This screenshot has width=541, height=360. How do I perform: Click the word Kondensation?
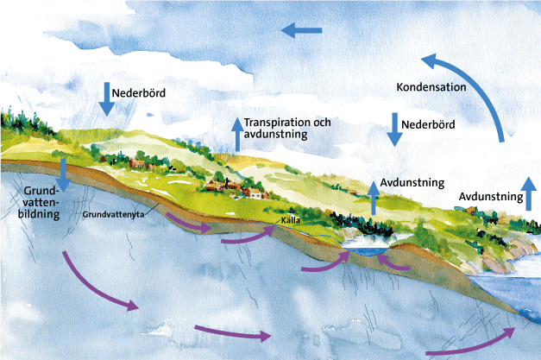pyautogui.click(x=431, y=87)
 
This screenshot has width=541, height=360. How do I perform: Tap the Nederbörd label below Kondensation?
pyautogui.click(x=428, y=124)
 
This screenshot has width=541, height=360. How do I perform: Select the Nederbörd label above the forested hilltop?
pyautogui.click(x=139, y=93)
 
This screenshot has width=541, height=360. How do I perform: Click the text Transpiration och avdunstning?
pyautogui.click(x=287, y=128)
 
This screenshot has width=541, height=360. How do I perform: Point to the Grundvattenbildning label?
pyautogui.click(x=39, y=202)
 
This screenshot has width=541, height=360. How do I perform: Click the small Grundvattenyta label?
pyautogui.click(x=113, y=214)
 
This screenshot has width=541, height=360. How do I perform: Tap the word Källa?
pyautogui.click(x=291, y=220)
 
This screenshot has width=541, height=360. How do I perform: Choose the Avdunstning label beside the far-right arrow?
pyautogui.click(x=491, y=196)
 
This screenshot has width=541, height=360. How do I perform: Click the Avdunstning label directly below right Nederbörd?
pyautogui.click(x=412, y=182)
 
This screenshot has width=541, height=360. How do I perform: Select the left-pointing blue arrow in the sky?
pyautogui.click(x=301, y=30)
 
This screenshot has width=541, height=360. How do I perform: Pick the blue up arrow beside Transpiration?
pyautogui.click(x=237, y=135)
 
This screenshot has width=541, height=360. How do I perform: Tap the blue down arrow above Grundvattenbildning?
pyautogui.click(x=64, y=175)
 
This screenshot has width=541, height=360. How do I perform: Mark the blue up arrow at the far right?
pyautogui.click(x=528, y=193)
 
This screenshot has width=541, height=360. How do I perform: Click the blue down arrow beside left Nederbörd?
pyautogui.click(x=107, y=99)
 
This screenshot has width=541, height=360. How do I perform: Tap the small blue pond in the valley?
pyautogui.click(x=366, y=251)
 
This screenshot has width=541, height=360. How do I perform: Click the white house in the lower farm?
pyautogui.click(x=256, y=194)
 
